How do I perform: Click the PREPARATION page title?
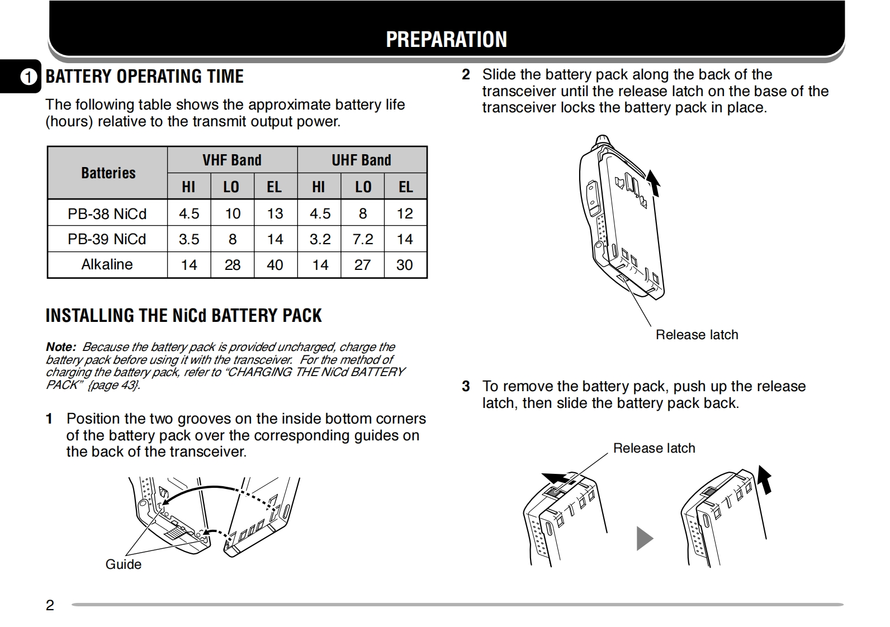point(446,39)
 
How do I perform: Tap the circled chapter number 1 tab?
point(29,77)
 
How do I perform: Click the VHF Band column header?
point(232,160)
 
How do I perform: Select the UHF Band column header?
point(361,160)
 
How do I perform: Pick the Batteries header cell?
point(108,173)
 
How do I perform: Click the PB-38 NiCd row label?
point(107,213)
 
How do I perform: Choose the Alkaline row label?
point(107,264)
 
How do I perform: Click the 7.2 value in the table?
point(362,239)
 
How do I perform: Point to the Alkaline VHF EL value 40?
point(274,265)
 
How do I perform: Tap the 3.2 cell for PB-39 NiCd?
point(320,239)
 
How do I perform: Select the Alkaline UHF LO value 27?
point(362,265)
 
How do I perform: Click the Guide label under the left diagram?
point(123,564)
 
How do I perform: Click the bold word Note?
point(60,347)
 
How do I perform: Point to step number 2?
point(466,75)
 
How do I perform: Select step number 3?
point(466,386)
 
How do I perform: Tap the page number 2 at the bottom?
point(50,605)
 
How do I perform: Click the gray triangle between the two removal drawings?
point(644,539)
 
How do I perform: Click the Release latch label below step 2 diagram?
point(697,335)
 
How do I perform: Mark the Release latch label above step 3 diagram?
point(654,448)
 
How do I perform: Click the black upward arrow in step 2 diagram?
point(654,183)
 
